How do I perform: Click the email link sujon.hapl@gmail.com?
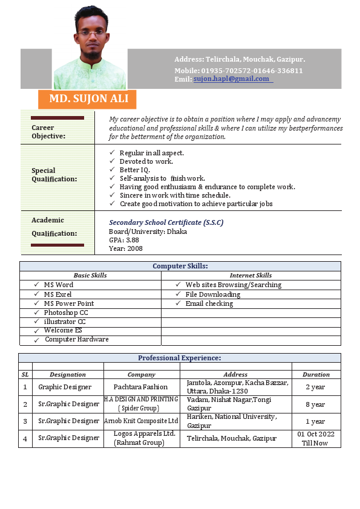232,79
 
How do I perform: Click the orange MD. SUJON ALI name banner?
87,99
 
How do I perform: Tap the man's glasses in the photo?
92,31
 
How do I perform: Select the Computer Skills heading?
180,266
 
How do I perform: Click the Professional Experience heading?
179,358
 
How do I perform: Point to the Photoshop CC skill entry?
65,313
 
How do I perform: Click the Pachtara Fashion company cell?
142,387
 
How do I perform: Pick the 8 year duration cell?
316,404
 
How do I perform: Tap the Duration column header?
316,375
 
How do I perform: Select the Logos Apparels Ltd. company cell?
142,438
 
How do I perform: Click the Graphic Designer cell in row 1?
65,387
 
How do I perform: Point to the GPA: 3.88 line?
124,240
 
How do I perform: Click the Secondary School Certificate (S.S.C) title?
166,222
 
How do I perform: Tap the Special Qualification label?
54,175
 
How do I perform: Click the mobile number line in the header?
238,71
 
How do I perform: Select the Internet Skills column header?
250,276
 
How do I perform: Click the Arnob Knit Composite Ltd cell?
142,421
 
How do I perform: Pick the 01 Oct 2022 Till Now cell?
316,438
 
